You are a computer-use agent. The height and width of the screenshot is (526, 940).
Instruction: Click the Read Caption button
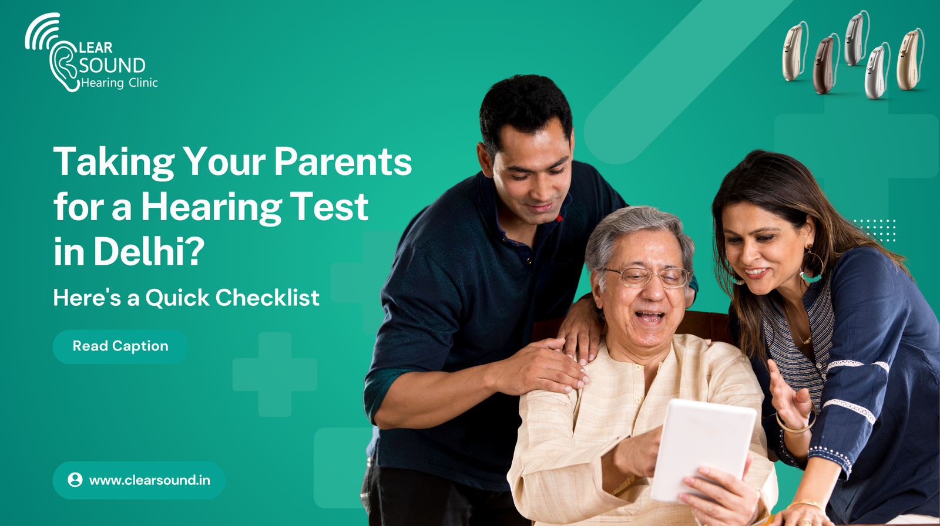(x=120, y=346)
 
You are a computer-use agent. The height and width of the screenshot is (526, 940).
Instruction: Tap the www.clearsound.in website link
(x=149, y=480)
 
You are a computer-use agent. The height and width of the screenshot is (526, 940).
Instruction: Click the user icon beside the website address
(x=75, y=480)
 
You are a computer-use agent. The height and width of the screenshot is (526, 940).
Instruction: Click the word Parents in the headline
(x=343, y=162)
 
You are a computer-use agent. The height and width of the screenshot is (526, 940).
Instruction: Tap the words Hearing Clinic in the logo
(x=119, y=83)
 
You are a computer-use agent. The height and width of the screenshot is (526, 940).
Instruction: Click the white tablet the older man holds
(x=703, y=451)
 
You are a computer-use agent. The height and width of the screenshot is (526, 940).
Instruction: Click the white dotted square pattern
(x=875, y=230)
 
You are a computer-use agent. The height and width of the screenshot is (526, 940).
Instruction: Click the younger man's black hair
(x=525, y=107)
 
